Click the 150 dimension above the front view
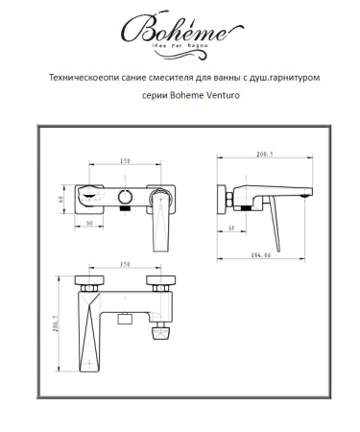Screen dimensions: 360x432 [125, 160]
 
